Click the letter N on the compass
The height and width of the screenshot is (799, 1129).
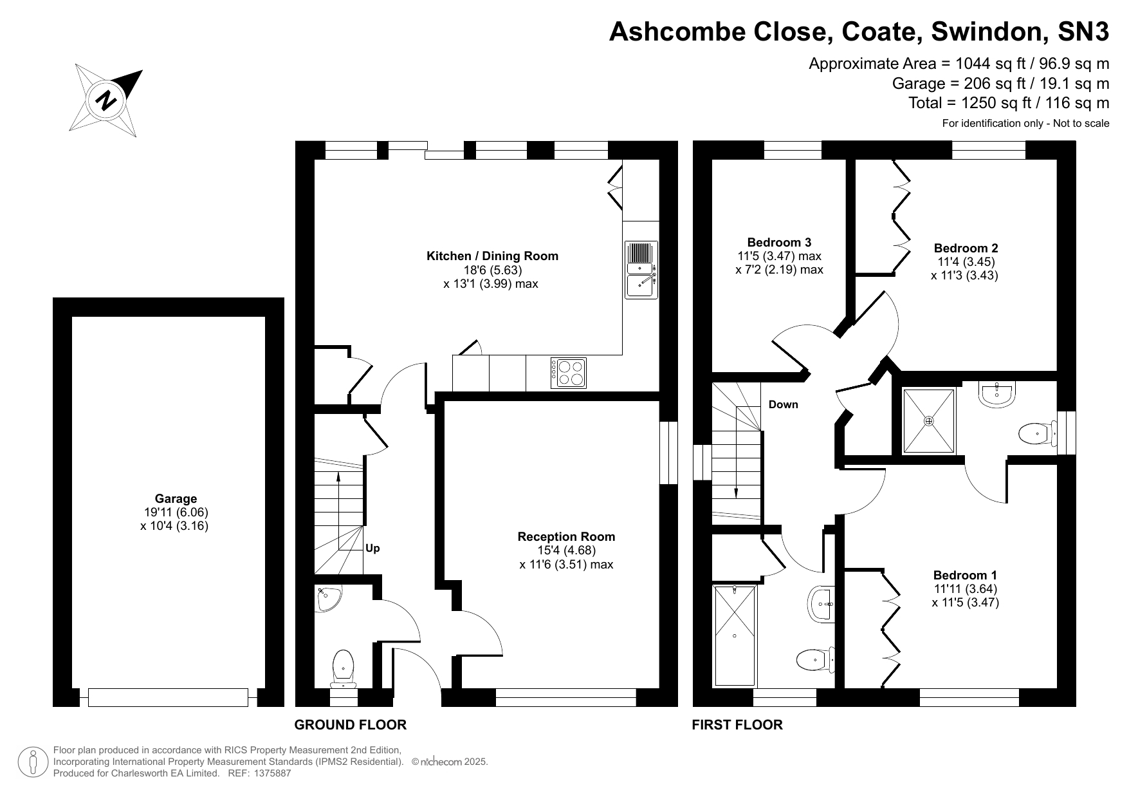pyautogui.click(x=106, y=100)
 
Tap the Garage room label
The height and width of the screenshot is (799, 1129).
pyautogui.click(x=176, y=498)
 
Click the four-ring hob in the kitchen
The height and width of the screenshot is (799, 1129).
pyautogui.click(x=569, y=373)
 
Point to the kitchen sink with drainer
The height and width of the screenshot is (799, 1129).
pyautogui.click(x=641, y=269)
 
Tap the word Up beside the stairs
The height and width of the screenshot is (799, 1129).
pyautogui.click(x=372, y=549)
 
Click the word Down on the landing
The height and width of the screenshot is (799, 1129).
pyautogui.click(x=783, y=404)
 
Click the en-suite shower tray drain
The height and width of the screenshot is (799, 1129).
pyautogui.click(x=929, y=421)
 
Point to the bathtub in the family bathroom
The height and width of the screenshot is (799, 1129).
pyautogui.click(x=735, y=635)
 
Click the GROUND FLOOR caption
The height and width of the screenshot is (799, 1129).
pyautogui.click(x=351, y=725)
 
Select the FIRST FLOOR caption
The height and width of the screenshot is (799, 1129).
pyautogui.click(x=737, y=725)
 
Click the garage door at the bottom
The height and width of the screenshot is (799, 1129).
pyautogui.click(x=168, y=697)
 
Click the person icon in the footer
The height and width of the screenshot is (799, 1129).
pyautogui.click(x=32, y=762)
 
